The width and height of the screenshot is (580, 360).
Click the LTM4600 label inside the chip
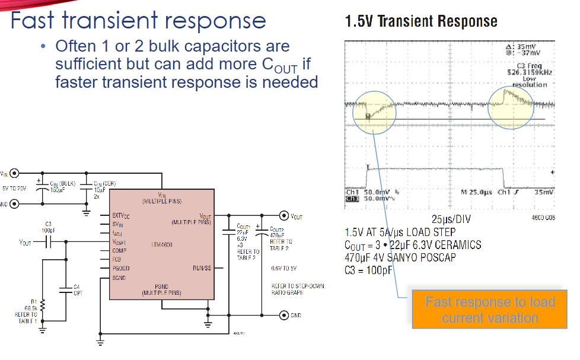[161, 244]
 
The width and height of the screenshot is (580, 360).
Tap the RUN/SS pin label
[202, 268]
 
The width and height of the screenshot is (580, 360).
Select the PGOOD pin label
[122, 268]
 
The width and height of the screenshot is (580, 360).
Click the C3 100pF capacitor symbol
[49, 242]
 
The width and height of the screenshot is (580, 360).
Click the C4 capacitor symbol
[64, 289]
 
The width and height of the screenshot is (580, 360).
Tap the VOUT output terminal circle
[284, 216]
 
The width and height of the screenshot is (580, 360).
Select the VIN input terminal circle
[15, 174]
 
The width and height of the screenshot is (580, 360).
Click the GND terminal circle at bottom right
[284, 315]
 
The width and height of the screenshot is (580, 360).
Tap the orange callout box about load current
[490, 309]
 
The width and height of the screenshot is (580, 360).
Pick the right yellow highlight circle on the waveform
[511, 107]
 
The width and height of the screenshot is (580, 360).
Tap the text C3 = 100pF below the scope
[368, 270]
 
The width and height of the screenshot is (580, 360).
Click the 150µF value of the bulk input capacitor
[56, 190]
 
